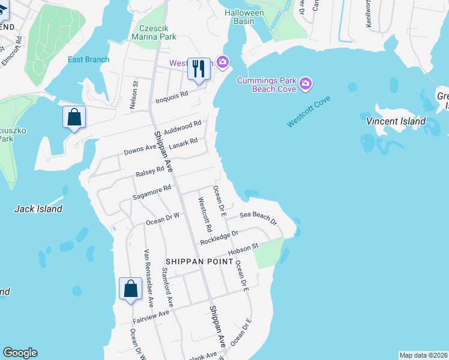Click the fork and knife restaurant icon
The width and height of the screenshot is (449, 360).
(x=199, y=68)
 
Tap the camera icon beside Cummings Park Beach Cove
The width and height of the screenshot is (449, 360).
(x=306, y=83)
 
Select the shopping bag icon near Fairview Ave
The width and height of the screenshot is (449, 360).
(x=130, y=290)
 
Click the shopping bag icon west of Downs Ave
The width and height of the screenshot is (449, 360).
(x=74, y=117)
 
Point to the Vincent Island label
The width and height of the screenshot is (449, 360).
(x=396, y=121)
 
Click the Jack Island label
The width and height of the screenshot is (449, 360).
(x=38, y=209)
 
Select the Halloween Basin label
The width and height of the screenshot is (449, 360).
(x=244, y=17)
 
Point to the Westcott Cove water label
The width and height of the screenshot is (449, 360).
(x=309, y=112)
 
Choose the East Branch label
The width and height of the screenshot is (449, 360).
(x=89, y=59)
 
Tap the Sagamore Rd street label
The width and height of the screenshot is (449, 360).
(x=152, y=192)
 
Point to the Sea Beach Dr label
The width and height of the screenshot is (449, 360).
(x=258, y=218)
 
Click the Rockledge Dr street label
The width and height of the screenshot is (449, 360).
(x=219, y=236)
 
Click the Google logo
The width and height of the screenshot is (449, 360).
(x=20, y=353)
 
